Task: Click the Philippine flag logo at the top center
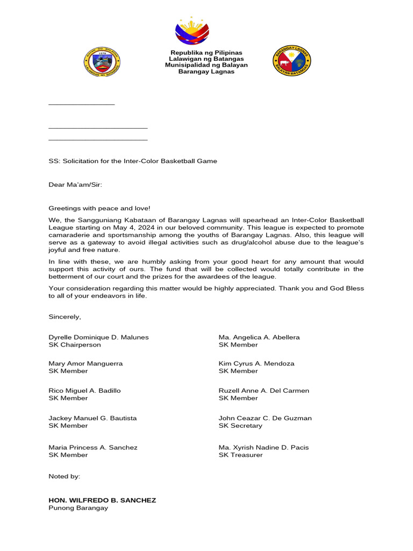coord(192,31)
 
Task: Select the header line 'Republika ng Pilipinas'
coord(206,52)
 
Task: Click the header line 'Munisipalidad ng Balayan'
coord(206,65)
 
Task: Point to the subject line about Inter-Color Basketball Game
coord(133,161)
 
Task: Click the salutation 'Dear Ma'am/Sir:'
coord(75,185)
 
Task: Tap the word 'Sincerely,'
coord(65,317)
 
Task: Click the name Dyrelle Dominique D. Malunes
coord(98,337)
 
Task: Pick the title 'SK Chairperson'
coord(74,345)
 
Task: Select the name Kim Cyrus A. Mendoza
coord(256,364)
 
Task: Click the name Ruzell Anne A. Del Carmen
coord(264,391)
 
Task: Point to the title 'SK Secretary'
coord(240,426)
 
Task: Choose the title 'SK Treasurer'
coord(240,455)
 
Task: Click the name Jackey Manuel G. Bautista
coord(92,418)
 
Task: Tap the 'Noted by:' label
coord(64,476)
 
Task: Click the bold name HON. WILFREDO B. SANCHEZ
coord(102,500)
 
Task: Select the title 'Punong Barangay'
coord(78,508)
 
